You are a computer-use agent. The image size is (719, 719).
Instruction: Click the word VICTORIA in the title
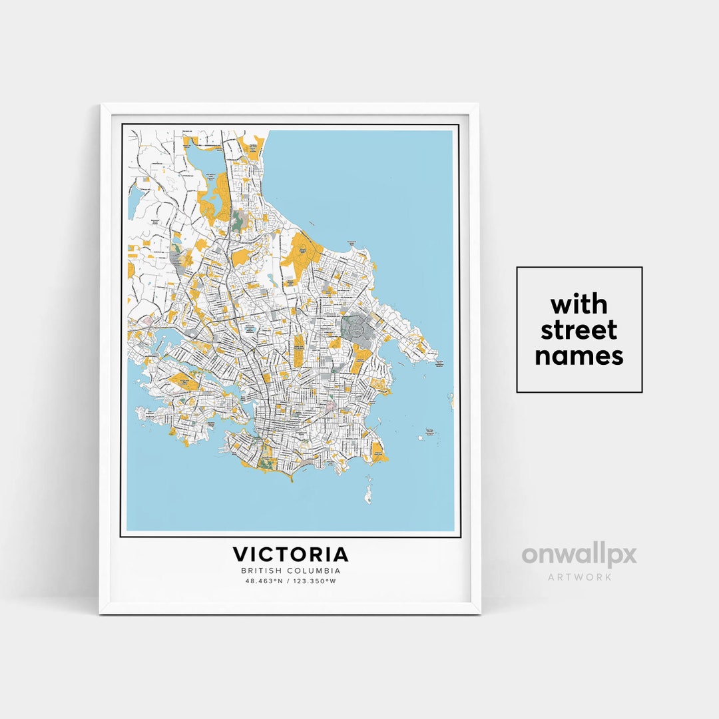[x=290, y=555]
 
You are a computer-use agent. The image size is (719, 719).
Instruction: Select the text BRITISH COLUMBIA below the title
[x=290, y=571]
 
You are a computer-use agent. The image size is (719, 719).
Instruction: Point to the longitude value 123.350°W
[x=315, y=581]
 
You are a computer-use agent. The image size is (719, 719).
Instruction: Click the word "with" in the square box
[x=579, y=305]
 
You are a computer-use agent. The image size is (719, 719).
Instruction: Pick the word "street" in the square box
[x=579, y=330]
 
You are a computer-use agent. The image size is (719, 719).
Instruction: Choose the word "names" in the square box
[x=579, y=356]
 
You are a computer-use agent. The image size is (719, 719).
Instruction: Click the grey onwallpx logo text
[x=579, y=555]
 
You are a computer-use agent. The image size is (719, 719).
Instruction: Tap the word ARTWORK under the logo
[x=579, y=577]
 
